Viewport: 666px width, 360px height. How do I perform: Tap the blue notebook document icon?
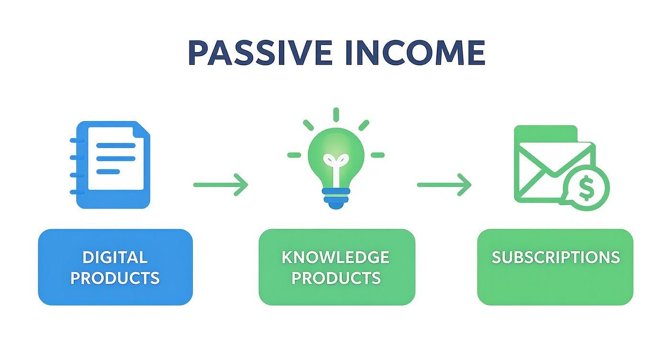tap(111, 165)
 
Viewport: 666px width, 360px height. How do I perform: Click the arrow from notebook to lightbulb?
tap(221, 184)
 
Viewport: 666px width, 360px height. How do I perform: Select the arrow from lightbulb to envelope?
tap(444, 184)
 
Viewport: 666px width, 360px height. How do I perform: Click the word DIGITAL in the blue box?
tap(115, 258)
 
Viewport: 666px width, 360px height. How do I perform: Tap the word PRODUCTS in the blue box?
tap(115, 278)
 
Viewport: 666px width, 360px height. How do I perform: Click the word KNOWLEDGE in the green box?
tap(335, 258)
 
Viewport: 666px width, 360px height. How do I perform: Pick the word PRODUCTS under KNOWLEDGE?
tap(335, 278)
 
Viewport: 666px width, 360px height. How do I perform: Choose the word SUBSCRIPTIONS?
tap(555, 258)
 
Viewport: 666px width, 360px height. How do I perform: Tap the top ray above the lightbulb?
tap(335, 114)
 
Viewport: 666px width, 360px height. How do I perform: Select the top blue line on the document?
tap(116, 146)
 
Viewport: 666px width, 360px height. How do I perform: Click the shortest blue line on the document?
tap(108, 171)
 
